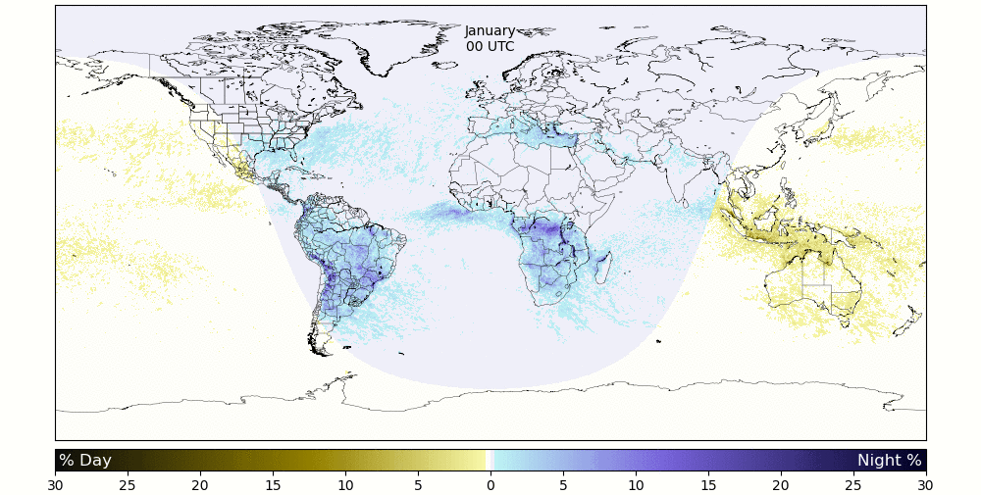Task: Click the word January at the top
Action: point(490,31)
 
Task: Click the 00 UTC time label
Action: point(490,46)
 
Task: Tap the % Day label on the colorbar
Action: point(84,461)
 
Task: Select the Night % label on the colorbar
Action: point(889,461)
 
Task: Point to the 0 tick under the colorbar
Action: point(490,484)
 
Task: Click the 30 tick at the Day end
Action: point(55,484)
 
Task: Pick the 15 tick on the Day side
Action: point(273,484)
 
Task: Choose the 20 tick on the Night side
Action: point(781,484)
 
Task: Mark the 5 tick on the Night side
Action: point(563,484)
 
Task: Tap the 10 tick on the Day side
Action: point(345,484)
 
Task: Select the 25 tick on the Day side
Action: point(128,484)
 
